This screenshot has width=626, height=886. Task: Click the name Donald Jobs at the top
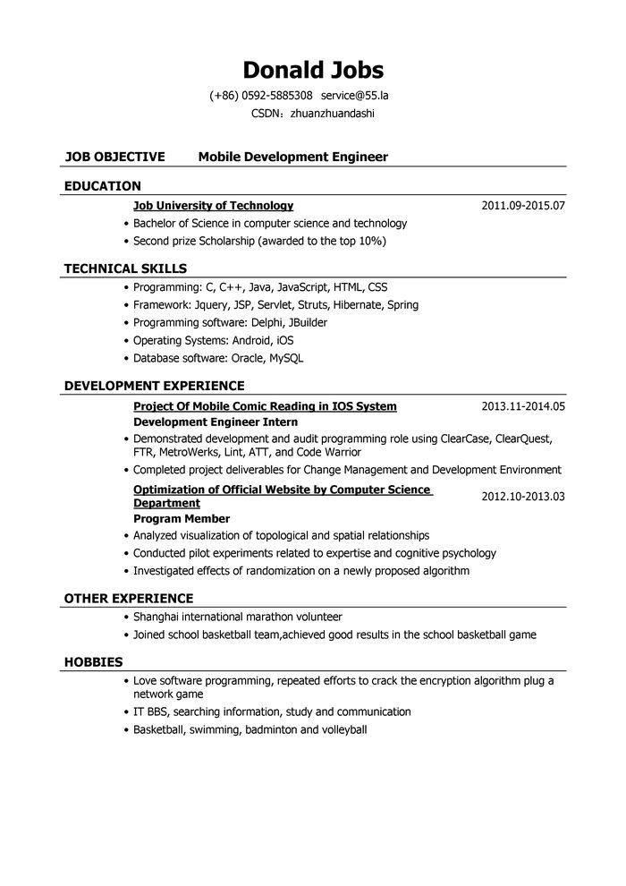pos(313,70)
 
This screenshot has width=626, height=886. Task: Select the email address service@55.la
pos(355,95)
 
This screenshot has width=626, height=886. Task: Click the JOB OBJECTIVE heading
pos(114,157)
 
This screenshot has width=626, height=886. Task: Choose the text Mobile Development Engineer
pos(292,157)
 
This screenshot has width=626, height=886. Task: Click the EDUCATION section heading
pos(103,186)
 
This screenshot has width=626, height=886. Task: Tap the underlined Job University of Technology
pos(213,205)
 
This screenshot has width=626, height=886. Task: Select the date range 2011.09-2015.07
pos(523,205)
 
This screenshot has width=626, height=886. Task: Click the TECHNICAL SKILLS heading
pos(125,268)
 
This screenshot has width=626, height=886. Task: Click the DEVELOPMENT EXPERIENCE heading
pos(154,386)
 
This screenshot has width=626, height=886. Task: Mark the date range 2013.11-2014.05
pos(523,406)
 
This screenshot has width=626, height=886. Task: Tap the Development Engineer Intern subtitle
pos(215,422)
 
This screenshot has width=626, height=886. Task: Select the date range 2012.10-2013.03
pos(523,496)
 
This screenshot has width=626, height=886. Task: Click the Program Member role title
pos(182,518)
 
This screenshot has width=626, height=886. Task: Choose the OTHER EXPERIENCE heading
pos(128,598)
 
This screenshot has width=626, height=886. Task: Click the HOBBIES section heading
pos(93,661)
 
